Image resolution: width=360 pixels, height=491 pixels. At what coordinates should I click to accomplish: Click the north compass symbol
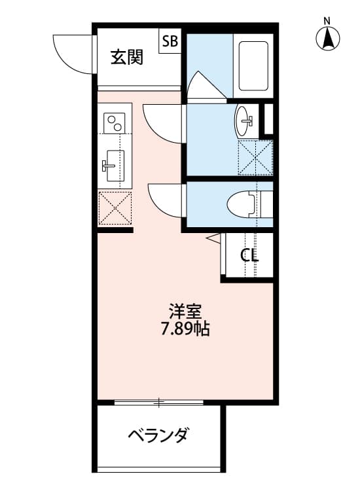coord(328,39)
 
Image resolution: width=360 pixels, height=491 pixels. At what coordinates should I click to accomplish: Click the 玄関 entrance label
coord(126,58)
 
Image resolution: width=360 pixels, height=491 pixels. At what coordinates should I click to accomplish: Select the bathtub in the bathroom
coord(253,65)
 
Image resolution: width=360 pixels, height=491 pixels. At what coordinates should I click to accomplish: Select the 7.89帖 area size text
coord(185,329)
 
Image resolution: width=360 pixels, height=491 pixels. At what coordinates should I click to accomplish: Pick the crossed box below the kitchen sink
coord(115,209)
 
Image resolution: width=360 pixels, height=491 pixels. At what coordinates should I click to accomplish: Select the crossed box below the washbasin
coord(255,157)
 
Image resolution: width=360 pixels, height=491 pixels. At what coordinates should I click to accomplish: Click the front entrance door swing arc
coord(73,52)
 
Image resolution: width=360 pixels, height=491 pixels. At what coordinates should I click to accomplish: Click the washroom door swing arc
coord(163,122)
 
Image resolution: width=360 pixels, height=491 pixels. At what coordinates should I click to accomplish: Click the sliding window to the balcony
coord(158,401)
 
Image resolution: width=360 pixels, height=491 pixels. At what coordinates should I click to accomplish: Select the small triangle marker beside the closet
coord(213,240)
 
